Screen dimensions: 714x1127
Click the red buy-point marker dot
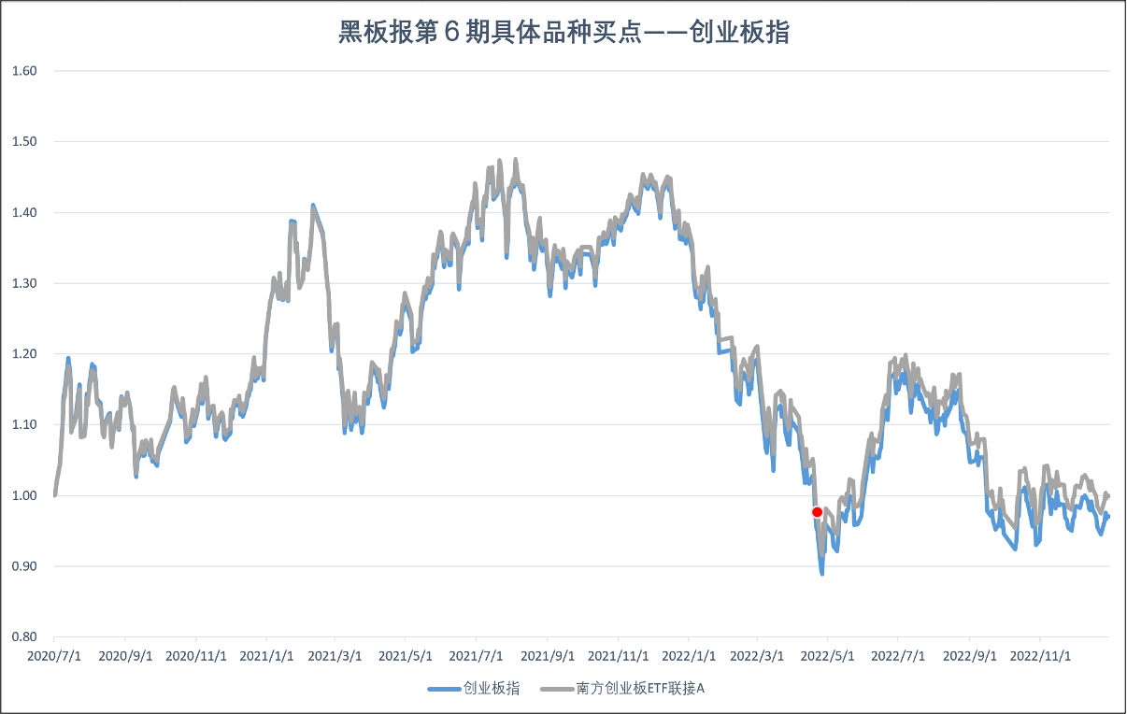[x=817, y=512]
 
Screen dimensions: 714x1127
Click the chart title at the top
[x=563, y=33]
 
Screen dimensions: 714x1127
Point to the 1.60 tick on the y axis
[x=24, y=71]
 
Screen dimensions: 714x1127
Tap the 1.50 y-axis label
[x=24, y=142]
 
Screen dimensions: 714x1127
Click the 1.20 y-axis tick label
[x=24, y=354]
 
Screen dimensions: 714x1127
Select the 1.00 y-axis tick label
[x=24, y=495]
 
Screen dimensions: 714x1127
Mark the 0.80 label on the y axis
[x=24, y=637]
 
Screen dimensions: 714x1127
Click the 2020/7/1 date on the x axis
[x=54, y=656]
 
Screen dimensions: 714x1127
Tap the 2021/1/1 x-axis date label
[x=266, y=656]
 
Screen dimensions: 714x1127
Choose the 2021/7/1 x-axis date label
[x=477, y=656]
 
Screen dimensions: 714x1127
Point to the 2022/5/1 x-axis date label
[x=828, y=656]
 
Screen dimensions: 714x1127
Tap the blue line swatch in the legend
[x=445, y=689]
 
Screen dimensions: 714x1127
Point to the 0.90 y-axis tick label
[x=24, y=566]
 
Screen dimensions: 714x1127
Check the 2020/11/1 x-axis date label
[x=196, y=656]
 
